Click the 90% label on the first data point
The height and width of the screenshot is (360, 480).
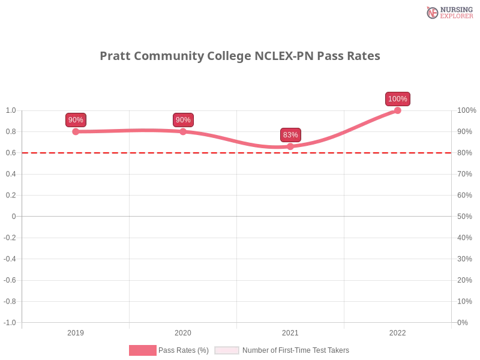[x=76, y=120]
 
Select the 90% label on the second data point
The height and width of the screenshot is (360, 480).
[x=183, y=120]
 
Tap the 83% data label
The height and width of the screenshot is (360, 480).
[x=290, y=135]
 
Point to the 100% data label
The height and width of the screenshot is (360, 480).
[x=398, y=99]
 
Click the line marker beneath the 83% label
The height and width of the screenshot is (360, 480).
[x=290, y=146]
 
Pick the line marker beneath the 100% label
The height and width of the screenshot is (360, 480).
[x=398, y=110]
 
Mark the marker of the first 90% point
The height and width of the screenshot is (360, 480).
[x=76, y=131]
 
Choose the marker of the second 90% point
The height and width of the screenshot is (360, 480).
[x=183, y=131]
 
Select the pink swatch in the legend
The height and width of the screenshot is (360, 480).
[x=142, y=350]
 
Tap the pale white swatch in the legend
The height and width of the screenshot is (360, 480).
[x=227, y=350]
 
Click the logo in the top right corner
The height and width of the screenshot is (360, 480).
[x=449, y=12]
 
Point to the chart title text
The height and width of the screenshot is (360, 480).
[x=240, y=56]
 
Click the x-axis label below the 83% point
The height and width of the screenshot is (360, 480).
[x=290, y=331]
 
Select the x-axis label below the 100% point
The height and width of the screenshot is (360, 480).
[x=398, y=331]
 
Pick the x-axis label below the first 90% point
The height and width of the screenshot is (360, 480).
[x=76, y=331]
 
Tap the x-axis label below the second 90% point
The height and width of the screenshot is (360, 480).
[x=183, y=331]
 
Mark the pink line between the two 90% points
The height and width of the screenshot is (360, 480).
[x=129, y=130]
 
